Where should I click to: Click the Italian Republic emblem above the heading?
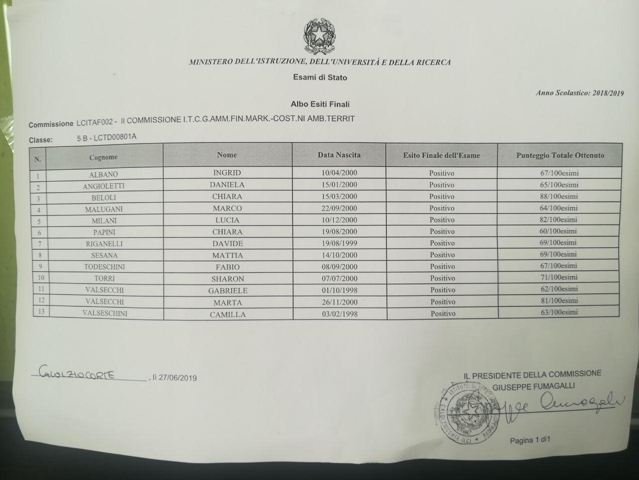click(319, 35)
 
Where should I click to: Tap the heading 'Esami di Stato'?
click(320, 77)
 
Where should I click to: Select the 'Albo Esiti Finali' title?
click(320, 104)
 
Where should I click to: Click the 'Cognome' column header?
click(103, 157)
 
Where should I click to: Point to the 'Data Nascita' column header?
click(339, 155)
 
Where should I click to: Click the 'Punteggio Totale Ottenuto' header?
click(560, 155)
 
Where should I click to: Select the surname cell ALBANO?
click(103, 174)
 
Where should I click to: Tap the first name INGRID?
click(227, 173)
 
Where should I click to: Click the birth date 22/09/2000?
click(339, 208)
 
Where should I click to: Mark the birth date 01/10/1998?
click(339, 290)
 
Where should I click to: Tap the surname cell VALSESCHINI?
click(104, 313)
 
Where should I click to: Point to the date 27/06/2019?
click(178, 378)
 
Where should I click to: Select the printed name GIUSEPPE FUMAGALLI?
click(534, 385)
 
